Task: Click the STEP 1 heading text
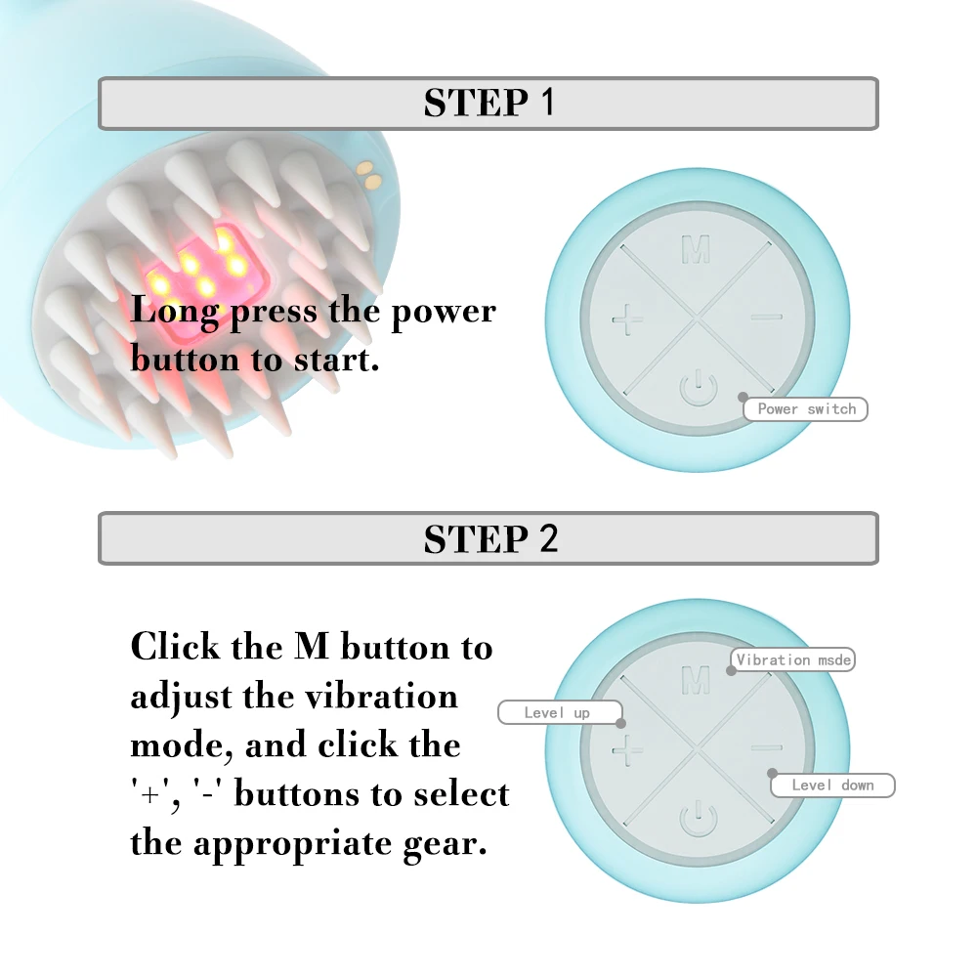pyautogui.click(x=488, y=103)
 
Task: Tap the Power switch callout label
pyautogui.click(x=806, y=409)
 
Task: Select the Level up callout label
pyautogui.click(x=557, y=713)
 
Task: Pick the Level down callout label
pyautogui.click(x=832, y=786)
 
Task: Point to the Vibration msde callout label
pyautogui.click(x=793, y=660)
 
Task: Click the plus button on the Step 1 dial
pyautogui.click(x=627, y=319)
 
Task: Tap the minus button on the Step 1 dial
pyautogui.click(x=767, y=317)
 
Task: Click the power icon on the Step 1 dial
pyautogui.click(x=696, y=388)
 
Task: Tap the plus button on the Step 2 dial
pyautogui.click(x=627, y=750)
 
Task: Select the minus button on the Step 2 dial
pyautogui.click(x=767, y=749)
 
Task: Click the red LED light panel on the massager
pyautogui.click(x=210, y=266)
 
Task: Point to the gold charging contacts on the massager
pyautogui.click(x=369, y=176)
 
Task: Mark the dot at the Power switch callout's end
pyautogui.click(x=743, y=398)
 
